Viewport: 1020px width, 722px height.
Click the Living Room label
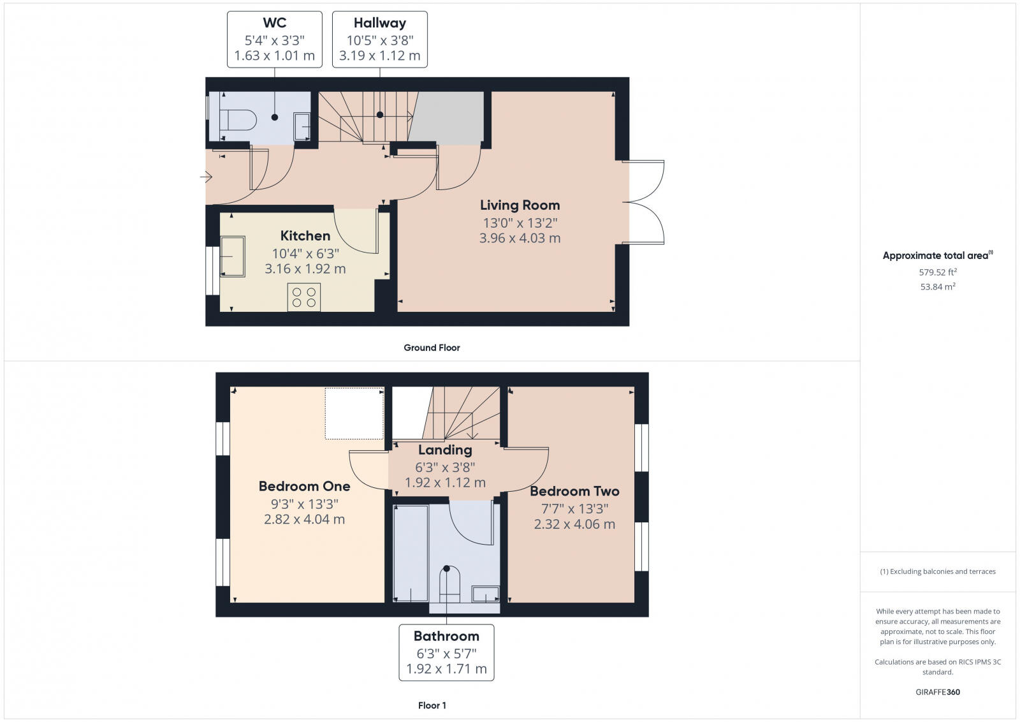click(x=520, y=205)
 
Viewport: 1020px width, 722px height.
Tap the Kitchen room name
click(x=305, y=236)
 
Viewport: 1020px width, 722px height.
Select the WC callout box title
click(x=274, y=23)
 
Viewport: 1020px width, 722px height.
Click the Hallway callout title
click(x=380, y=23)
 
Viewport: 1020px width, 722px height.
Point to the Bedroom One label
click(x=304, y=486)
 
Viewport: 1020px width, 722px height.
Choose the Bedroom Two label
click(x=574, y=491)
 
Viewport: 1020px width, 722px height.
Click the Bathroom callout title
click(x=446, y=636)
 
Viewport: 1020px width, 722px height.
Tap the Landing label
click(x=445, y=450)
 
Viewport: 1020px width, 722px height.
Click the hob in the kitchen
click(x=304, y=297)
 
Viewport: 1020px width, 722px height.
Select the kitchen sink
click(x=233, y=256)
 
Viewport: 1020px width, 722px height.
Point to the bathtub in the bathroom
click(x=411, y=553)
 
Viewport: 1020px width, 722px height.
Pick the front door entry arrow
click(x=206, y=177)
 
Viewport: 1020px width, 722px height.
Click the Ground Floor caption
click(x=432, y=348)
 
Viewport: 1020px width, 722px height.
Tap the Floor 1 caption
click(x=432, y=705)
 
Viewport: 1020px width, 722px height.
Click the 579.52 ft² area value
click(x=937, y=272)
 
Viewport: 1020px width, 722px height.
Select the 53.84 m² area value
click(x=937, y=287)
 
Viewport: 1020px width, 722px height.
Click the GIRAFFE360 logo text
click(x=937, y=692)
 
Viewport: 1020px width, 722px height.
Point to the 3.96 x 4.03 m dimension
click(x=520, y=239)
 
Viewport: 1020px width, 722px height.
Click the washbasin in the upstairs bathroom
click(x=486, y=594)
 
